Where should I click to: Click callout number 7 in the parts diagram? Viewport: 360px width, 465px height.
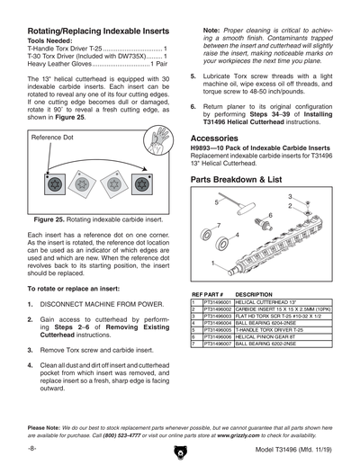click(x=219, y=225)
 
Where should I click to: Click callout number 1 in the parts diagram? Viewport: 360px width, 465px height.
click(x=212, y=263)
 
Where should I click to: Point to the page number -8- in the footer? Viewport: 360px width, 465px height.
click(x=31, y=447)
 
